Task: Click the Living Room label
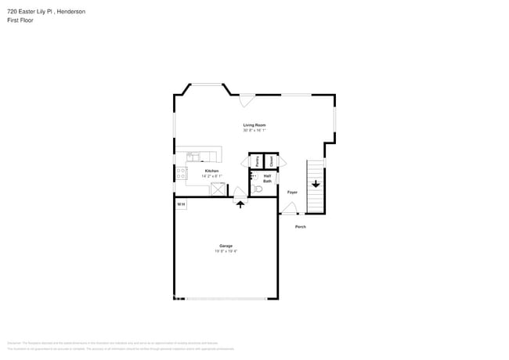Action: [x=254, y=125]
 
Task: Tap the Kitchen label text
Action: [x=211, y=171]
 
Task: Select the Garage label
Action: [x=226, y=246]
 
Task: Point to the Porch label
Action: [x=300, y=227]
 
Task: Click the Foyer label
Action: [x=292, y=192]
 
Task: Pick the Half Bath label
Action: [x=267, y=178]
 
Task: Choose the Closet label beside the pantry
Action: [x=270, y=161]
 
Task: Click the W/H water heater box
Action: [x=180, y=204]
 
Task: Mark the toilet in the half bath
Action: [x=258, y=189]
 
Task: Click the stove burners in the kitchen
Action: [x=181, y=173]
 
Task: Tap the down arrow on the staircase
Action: [x=315, y=185]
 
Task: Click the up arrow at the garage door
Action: [x=240, y=204]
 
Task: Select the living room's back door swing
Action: [x=247, y=100]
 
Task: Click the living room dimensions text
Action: [x=254, y=131]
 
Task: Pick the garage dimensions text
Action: [x=226, y=251]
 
